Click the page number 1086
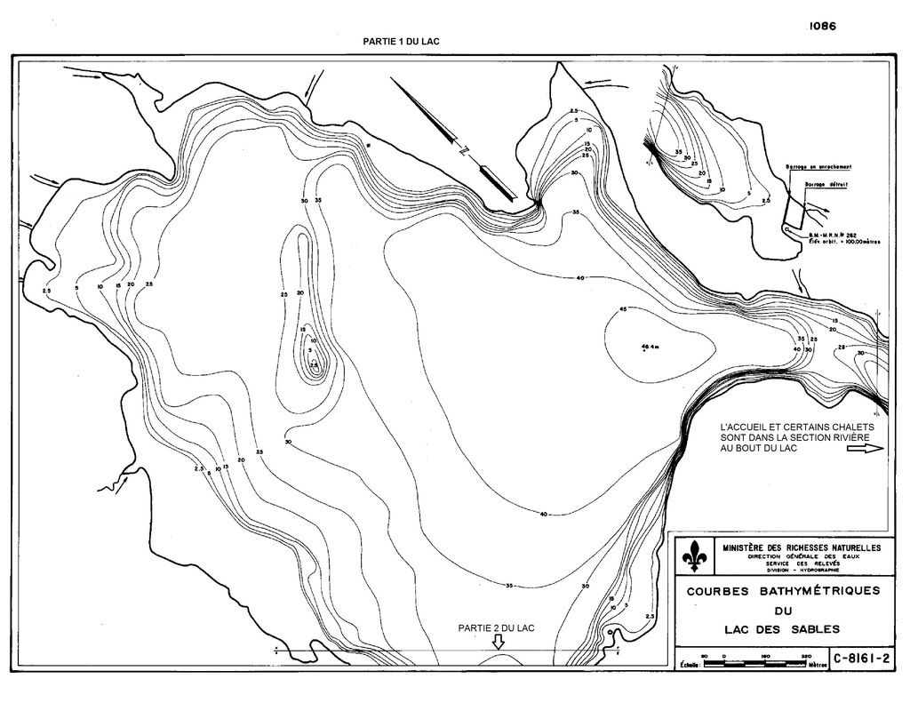(x=822, y=27)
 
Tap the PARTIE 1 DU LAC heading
(x=402, y=42)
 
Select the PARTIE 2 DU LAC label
(x=497, y=628)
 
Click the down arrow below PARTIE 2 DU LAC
(x=498, y=643)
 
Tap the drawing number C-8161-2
(x=859, y=659)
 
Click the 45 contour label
(x=623, y=308)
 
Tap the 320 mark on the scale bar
(x=807, y=657)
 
